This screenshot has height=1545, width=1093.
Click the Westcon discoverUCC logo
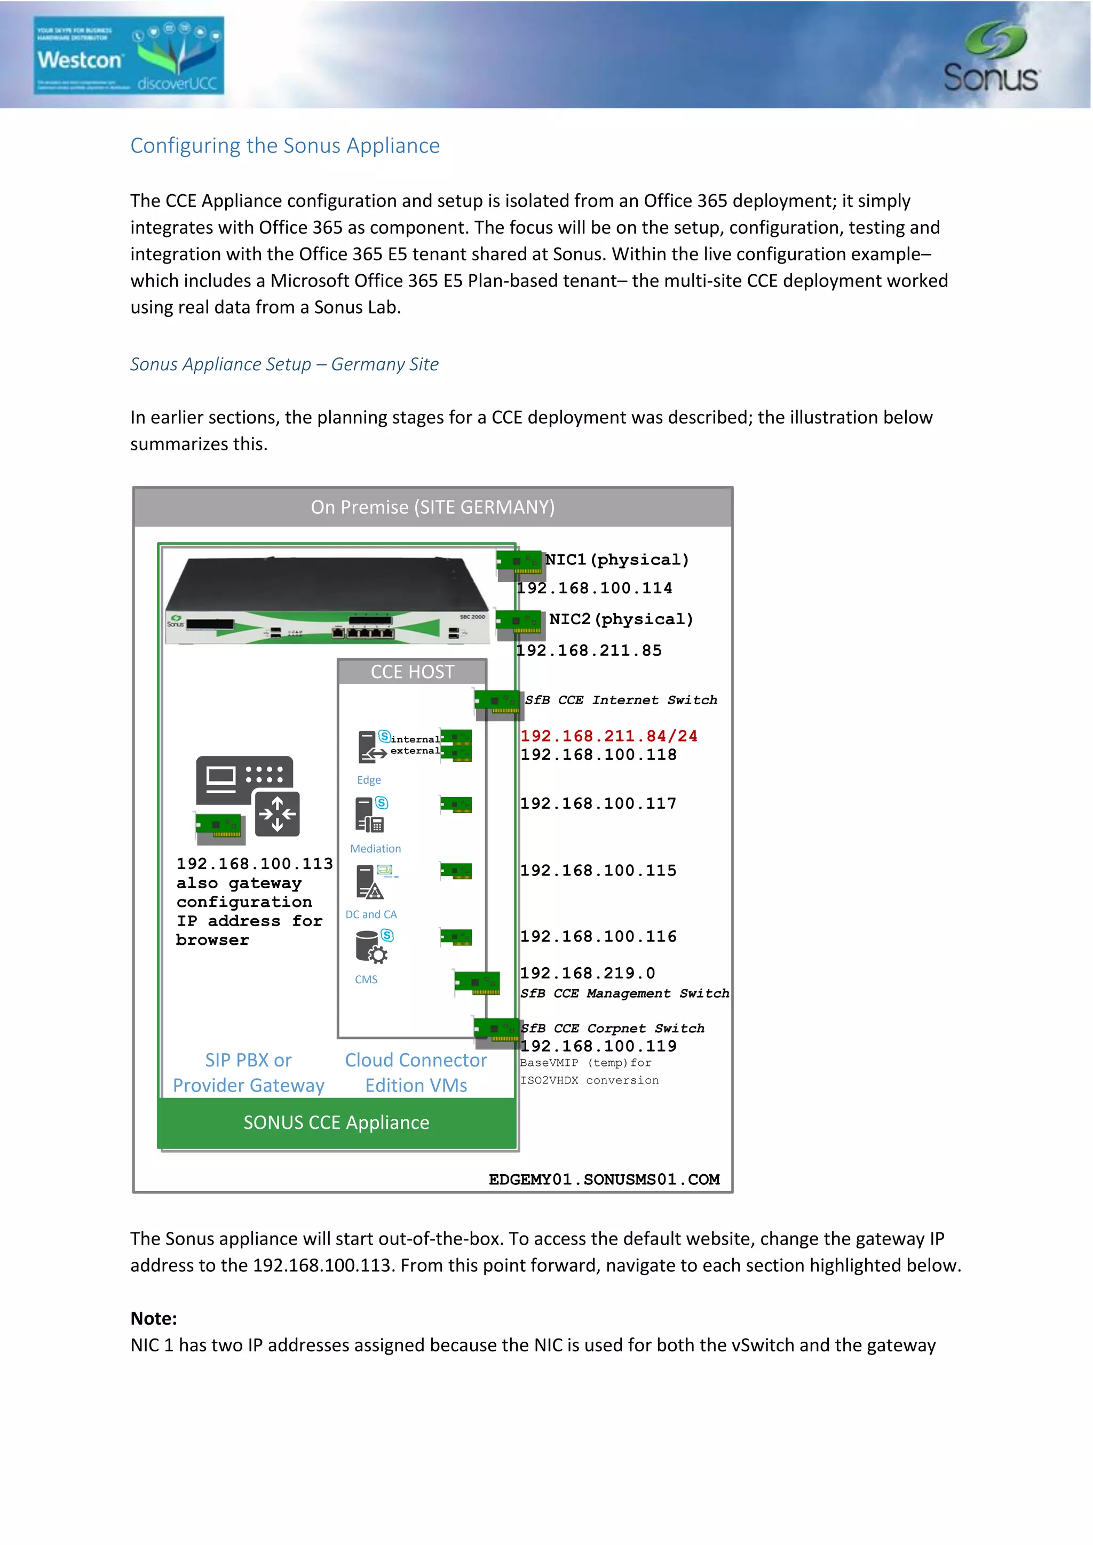129,55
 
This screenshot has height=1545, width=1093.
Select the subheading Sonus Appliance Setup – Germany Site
284,364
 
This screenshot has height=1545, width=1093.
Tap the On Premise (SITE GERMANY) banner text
433,507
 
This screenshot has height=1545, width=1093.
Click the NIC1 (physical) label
616,560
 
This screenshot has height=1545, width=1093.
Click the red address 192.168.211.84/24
608,736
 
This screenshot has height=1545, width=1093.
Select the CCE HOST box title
412,672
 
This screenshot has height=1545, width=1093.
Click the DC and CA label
371,914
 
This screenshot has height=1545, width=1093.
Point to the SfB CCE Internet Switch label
621,700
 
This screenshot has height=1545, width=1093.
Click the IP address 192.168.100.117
598,803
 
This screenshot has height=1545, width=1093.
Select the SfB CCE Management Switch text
624,993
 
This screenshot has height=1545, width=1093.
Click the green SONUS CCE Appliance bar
337,1122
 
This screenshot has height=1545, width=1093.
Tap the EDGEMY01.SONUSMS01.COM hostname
604,1180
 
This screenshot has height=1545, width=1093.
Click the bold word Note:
154,1318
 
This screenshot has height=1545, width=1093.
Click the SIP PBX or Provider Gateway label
248,1073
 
